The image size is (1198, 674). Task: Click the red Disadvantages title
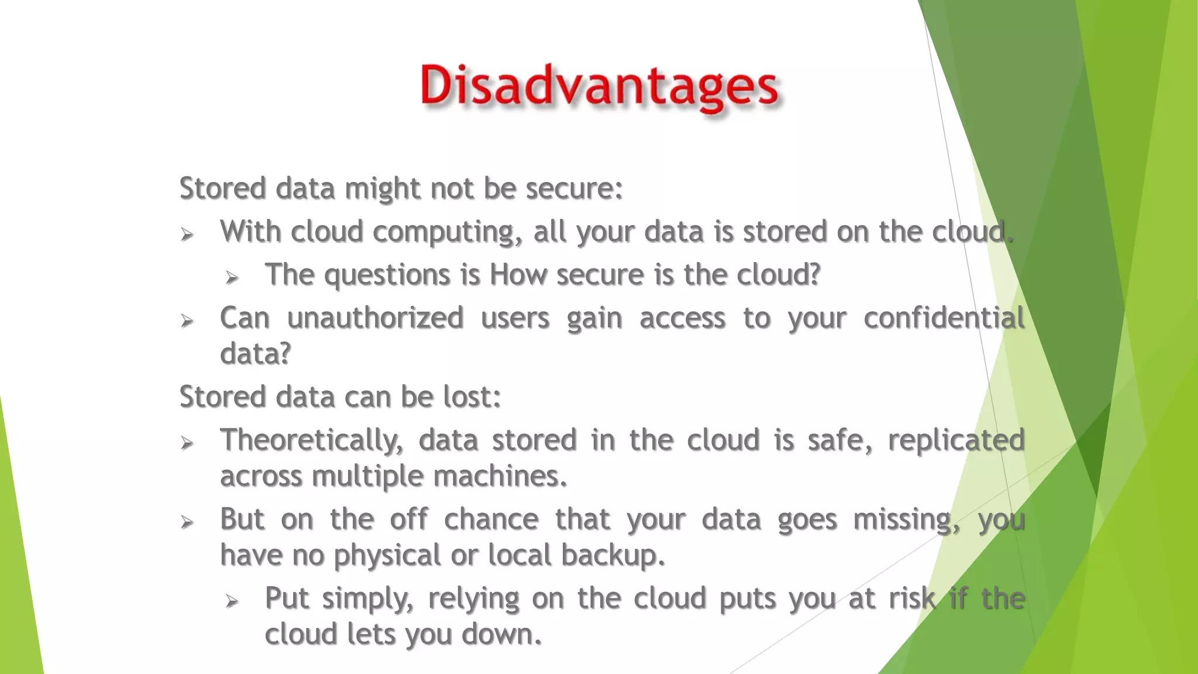coord(599,87)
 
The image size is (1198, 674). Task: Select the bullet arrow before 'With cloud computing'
coord(187,235)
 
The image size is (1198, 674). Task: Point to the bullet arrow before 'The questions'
coord(232,277)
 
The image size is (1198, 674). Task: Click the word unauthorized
coord(375,318)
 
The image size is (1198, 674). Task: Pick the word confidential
coord(944,318)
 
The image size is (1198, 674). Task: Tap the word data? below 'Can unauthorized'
coord(255,354)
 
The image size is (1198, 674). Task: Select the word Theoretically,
coord(311,441)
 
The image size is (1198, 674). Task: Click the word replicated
coord(956,441)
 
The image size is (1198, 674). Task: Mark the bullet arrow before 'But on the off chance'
coord(187,521)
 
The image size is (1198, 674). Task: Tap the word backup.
coord(612,555)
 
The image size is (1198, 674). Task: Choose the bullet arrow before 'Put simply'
coord(232,600)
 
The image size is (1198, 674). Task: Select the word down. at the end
coord(501,634)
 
